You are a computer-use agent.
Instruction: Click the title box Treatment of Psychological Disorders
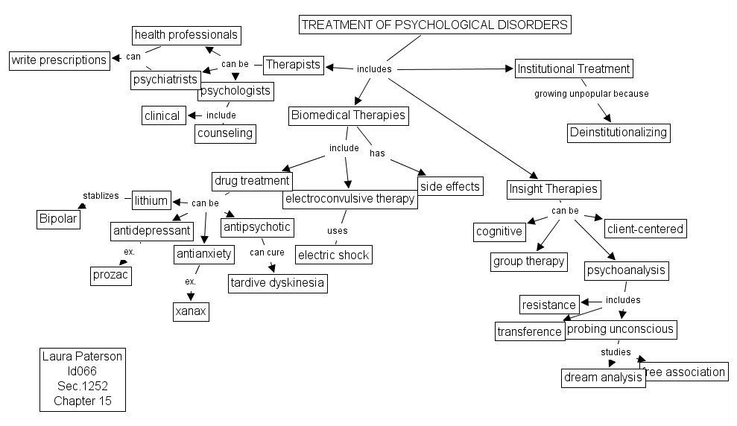(435, 25)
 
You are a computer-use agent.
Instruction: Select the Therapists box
(294, 65)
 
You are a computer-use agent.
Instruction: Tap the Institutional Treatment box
(574, 69)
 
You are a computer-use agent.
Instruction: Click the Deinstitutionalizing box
(619, 133)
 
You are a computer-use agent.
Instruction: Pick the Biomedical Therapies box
(349, 115)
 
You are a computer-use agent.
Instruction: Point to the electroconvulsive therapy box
(350, 199)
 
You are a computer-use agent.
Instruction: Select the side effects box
(450, 186)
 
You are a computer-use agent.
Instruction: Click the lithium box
(151, 200)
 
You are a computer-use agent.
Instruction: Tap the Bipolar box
(58, 220)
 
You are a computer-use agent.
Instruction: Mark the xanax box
(190, 311)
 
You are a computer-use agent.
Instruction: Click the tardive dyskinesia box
(277, 283)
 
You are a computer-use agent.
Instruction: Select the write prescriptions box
(59, 60)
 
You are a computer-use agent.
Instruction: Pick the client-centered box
(645, 229)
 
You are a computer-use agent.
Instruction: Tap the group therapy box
(529, 262)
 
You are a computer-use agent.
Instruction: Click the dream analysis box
(603, 378)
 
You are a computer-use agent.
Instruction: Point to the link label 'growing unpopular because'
(591, 95)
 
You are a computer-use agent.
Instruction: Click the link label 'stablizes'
(100, 196)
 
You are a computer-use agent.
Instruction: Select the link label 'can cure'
(266, 252)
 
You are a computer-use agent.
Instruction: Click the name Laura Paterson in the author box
(83, 357)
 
